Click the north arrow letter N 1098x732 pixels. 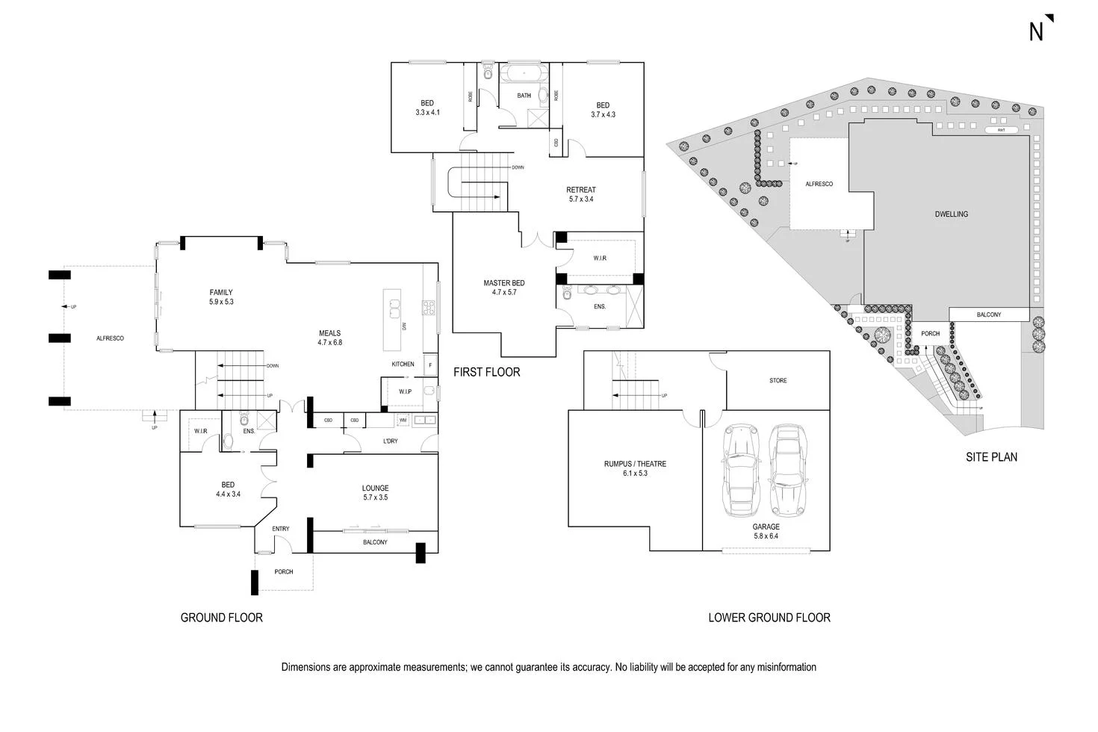coord(1036,31)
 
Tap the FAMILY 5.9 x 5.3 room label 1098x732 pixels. coord(221,297)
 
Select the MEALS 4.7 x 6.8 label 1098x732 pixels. coord(329,338)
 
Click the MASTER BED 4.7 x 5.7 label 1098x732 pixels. coord(503,288)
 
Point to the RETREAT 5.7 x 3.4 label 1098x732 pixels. coord(581,194)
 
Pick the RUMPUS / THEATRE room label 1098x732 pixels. coord(635,468)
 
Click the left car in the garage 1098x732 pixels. coord(739,471)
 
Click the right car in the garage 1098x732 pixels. coord(787,471)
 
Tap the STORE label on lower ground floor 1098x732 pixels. coord(778,381)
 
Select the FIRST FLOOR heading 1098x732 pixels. coord(486,372)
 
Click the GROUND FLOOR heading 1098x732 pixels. coord(222,618)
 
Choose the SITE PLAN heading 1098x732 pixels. coord(991,457)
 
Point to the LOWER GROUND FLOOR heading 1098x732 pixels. coord(769,618)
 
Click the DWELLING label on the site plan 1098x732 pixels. coord(951,214)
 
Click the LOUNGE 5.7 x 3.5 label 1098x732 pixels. coord(375,492)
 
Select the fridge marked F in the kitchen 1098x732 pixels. coord(430,365)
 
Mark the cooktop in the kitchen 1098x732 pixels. coord(429,308)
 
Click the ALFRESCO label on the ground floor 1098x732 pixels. coord(110,338)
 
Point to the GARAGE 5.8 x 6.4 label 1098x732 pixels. coord(766,531)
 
